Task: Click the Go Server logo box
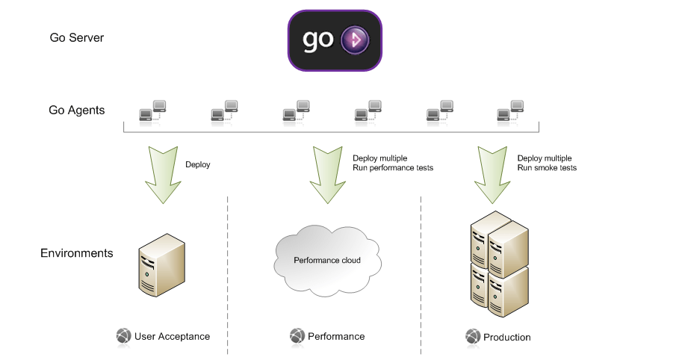pyautogui.click(x=335, y=40)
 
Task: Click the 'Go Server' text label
pyautogui.click(x=76, y=37)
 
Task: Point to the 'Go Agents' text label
pyautogui.click(x=77, y=111)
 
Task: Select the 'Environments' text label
pyautogui.click(x=76, y=253)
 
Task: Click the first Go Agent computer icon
pyautogui.click(x=153, y=111)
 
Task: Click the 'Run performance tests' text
pyautogui.click(x=392, y=168)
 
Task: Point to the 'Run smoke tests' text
pyautogui.click(x=547, y=168)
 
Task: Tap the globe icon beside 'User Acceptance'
pyautogui.click(x=124, y=336)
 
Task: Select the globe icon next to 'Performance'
pyautogui.click(x=297, y=336)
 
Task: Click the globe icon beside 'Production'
pyautogui.click(x=473, y=337)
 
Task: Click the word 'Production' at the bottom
pyautogui.click(x=506, y=338)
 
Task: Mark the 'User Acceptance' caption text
pyautogui.click(x=172, y=337)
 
